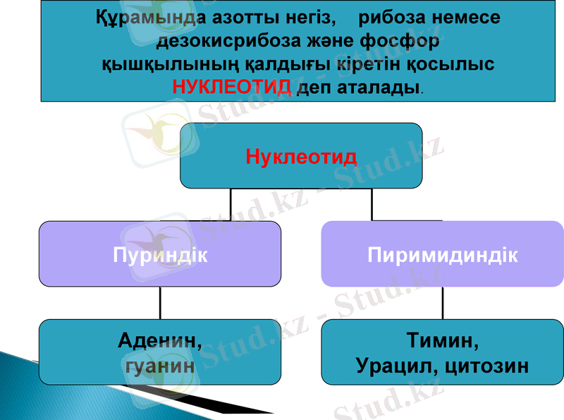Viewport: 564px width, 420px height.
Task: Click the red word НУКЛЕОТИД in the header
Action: point(232,88)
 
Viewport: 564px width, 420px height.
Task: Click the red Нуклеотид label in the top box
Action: point(301,156)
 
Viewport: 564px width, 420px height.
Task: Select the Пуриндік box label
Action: point(160,254)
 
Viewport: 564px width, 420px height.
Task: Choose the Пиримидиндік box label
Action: point(443,254)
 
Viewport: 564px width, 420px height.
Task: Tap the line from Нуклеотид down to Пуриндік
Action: point(231,205)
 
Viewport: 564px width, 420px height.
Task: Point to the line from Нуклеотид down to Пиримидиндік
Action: point(372,205)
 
